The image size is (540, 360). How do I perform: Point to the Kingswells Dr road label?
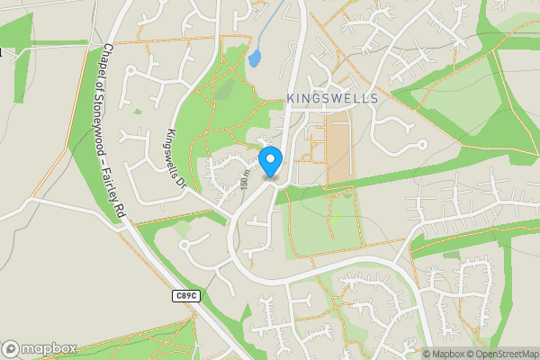[x=174, y=157]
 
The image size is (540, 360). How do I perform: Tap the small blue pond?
[x=254, y=59]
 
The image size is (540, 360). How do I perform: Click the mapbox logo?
[x=40, y=348]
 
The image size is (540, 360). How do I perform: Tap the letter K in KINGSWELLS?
[x=291, y=96]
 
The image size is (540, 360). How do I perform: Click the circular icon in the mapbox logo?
[x=12, y=348]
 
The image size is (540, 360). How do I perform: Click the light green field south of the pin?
[x=315, y=229]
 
